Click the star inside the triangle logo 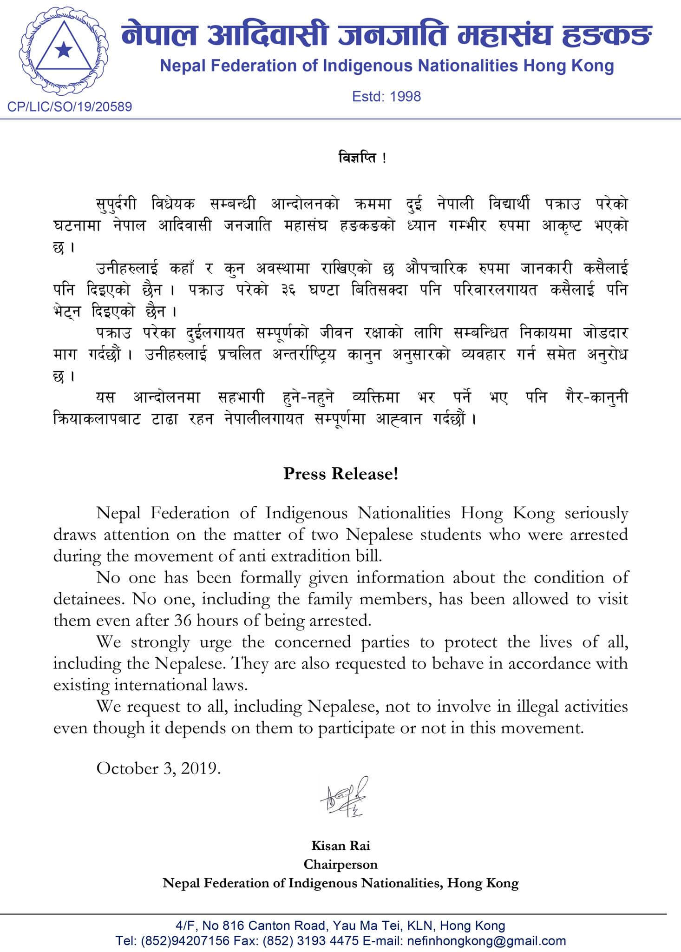(62, 50)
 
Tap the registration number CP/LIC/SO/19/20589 (70, 107)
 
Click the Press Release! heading (341, 474)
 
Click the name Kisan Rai (340, 846)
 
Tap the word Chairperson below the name (340, 864)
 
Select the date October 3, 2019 (158, 768)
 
